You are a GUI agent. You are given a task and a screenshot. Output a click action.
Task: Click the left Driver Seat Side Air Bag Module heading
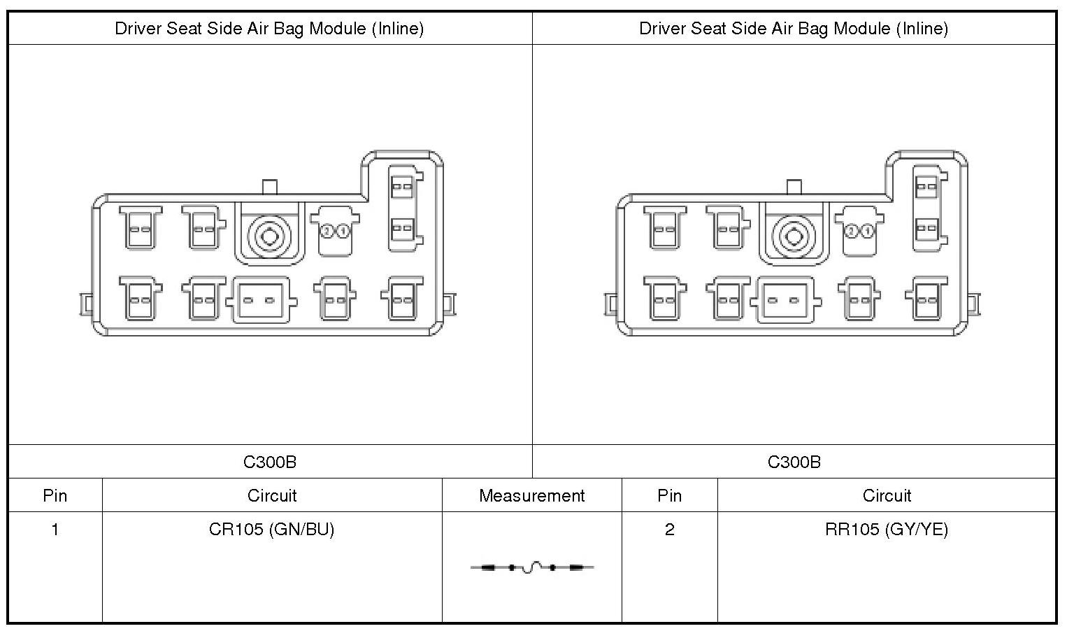click(269, 29)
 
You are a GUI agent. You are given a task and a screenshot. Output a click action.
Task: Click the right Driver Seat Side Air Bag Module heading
click(794, 29)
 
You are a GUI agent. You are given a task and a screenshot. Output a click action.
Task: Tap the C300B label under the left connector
click(270, 462)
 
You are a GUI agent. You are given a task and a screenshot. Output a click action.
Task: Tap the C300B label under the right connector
click(794, 462)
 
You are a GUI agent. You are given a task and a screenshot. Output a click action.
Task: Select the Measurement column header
click(531, 496)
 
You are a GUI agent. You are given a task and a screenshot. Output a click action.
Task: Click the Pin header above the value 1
click(55, 496)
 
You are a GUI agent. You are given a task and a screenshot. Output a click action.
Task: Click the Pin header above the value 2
click(669, 496)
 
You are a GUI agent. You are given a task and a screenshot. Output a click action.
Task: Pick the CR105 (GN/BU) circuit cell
click(271, 530)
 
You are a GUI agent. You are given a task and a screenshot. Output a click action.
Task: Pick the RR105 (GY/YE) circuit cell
click(887, 530)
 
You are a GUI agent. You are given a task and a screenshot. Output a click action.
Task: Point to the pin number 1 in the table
click(55, 530)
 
